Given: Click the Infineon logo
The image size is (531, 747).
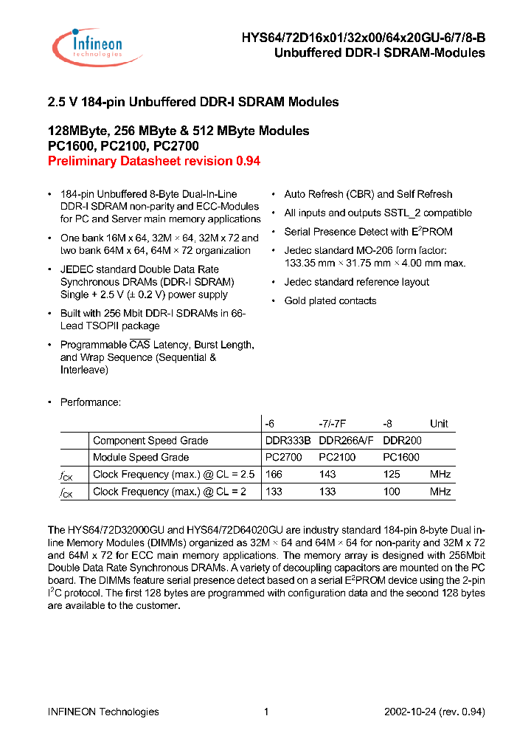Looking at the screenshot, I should pyautogui.click(x=88, y=45).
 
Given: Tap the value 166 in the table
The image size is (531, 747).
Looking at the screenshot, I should pyautogui.click(x=274, y=475).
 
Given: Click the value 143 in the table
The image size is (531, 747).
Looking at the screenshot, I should pyautogui.click(x=327, y=475).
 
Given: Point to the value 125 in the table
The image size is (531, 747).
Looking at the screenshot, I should pyautogui.click(x=392, y=475).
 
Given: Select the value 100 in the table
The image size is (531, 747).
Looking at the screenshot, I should pyautogui.click(x=392, y=492).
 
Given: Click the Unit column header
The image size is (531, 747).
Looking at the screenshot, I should pyautogui.click(x=439, y=424).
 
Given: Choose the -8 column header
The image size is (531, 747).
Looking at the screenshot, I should pyautogui.click(x=388, y=424).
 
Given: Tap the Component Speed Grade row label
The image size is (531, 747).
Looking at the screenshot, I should pyautogui.click(x=150, y=441).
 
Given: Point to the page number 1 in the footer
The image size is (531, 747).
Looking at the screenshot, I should pyautogui.click(x=266, y=712).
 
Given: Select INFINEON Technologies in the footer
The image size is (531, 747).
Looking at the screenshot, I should pyautogui.click(x=103, y=712).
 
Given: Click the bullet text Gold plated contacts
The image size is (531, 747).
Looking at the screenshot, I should pyautogui.click(x=330, y=301).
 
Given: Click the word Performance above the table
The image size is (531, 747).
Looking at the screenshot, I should pyautogui.click(x=90, y=402).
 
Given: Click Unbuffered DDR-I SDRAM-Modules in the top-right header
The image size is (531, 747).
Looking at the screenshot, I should pyautogui.click(x=379, y=53).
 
